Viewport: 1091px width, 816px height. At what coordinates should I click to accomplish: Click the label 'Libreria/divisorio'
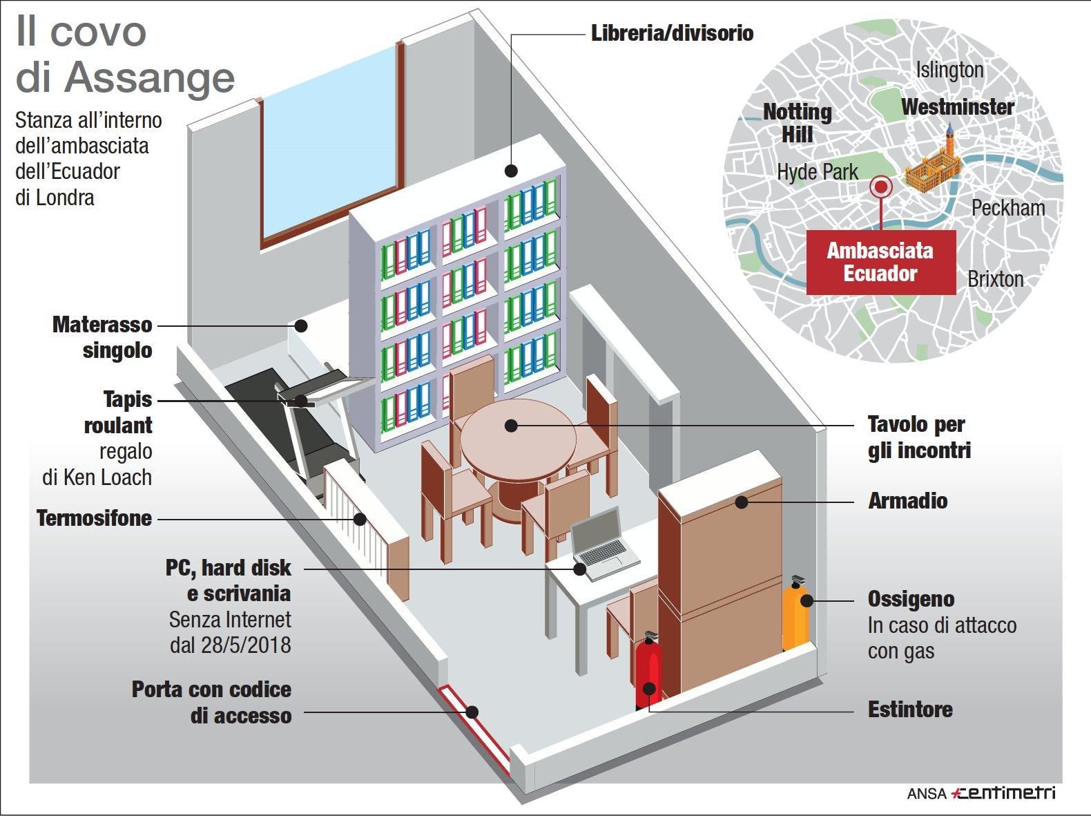672,33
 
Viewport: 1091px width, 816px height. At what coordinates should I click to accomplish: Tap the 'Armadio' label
907,501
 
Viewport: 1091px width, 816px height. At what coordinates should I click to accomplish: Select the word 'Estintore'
910,710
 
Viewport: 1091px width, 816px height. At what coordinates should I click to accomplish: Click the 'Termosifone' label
94,518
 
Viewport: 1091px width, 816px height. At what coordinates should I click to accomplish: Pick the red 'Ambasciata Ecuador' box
880,262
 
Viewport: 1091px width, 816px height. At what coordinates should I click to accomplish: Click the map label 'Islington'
949,70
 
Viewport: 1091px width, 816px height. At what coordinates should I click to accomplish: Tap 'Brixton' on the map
995,279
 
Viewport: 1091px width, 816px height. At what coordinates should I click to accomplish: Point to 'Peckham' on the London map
1008,208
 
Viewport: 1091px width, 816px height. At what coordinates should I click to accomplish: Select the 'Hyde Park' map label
818,172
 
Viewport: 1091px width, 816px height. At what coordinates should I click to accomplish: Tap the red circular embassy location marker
880,187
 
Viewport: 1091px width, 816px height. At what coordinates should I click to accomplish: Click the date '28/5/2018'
246,645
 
